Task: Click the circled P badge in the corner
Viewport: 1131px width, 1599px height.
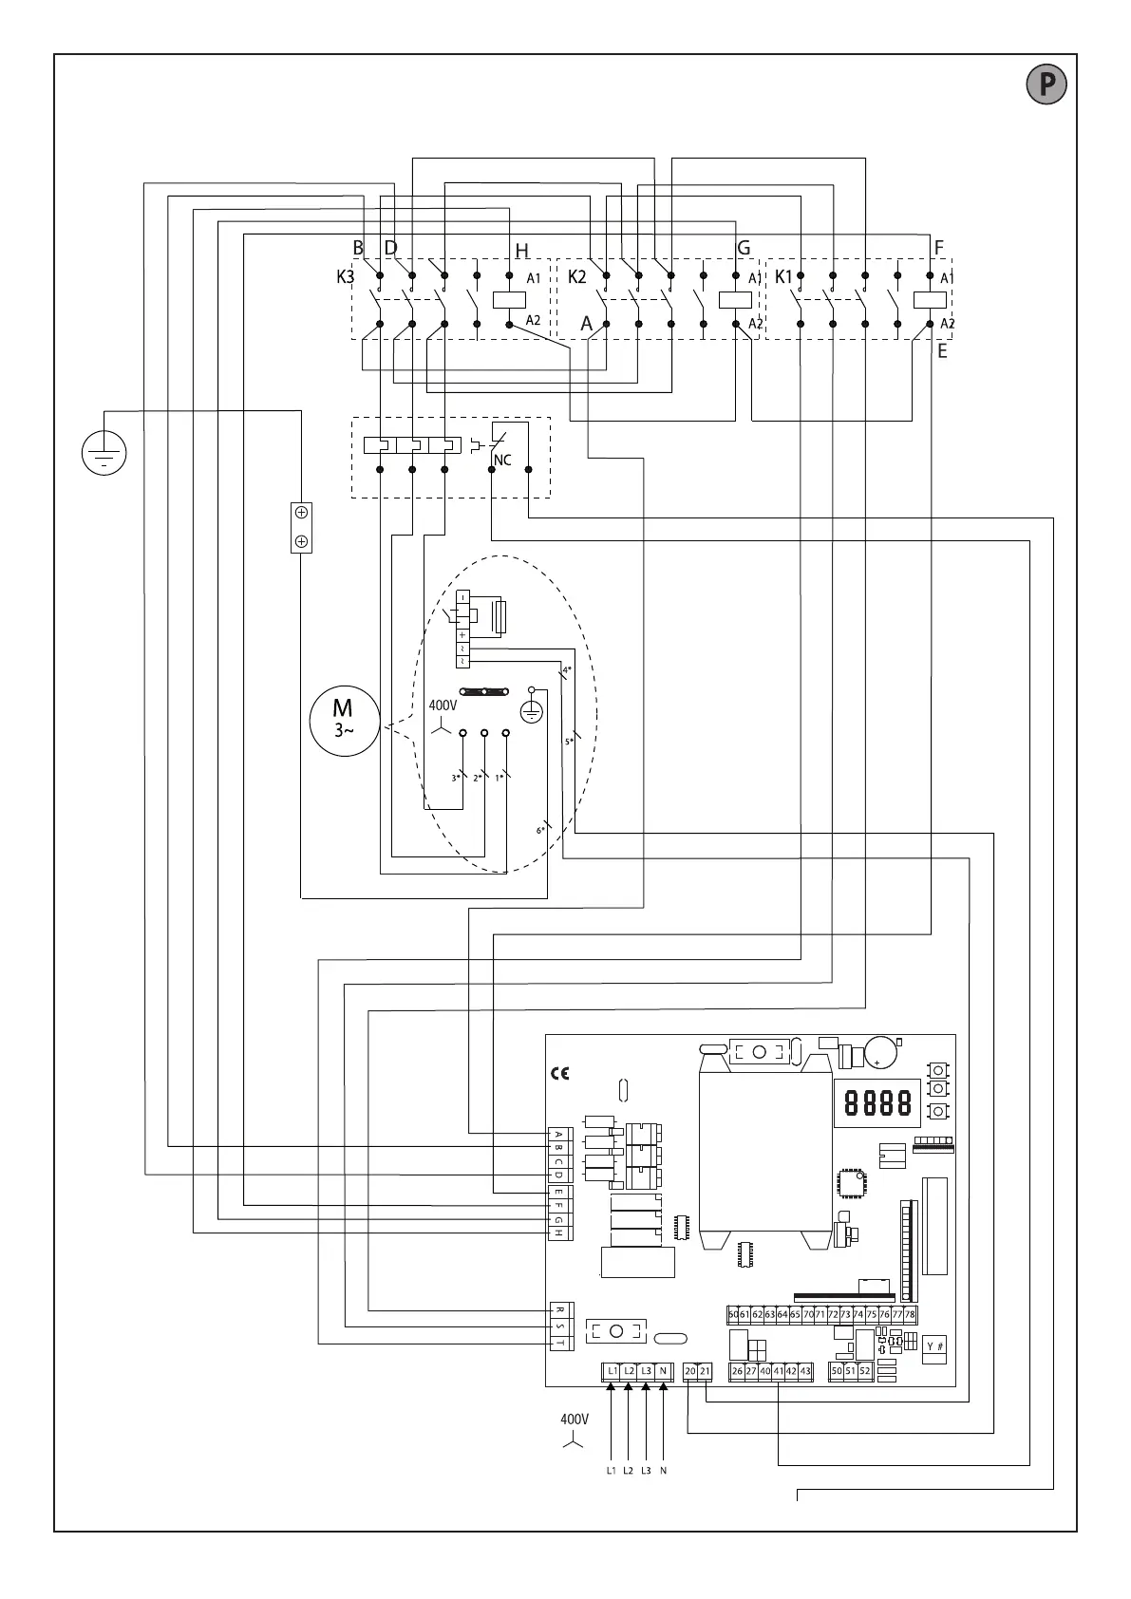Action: pyautogui.click(x=1046, y=85)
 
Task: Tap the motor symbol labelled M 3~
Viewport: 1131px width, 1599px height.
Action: pyautogui.click(x=343, y=721)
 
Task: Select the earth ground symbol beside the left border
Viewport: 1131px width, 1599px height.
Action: pyautogui.click(x=104, y=451)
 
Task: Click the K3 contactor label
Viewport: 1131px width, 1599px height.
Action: pyautogui.click(x=345, y=278)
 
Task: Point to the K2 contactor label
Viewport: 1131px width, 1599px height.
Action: pyautogui.click(x=576, y=277)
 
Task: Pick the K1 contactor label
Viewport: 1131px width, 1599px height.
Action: pyautogui.click(x=783, y=277)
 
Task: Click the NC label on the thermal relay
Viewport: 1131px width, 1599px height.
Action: pyautogui.click(x=502, y=461)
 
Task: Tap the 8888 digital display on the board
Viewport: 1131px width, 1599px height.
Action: pyautogui.click(x=877, y=1102)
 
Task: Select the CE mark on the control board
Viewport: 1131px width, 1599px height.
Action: pyautogui.click(x=560, y=1074)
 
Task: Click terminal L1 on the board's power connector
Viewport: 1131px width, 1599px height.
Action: pyautogui.click(x=612, y=1371)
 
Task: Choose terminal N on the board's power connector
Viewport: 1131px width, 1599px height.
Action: pyautogui.click(x=663, y=1371)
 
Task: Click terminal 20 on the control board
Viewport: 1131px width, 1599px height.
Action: pyautogui.click(x=690, y=1371)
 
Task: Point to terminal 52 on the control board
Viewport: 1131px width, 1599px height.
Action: pyautogui.click(x=864, y=1371)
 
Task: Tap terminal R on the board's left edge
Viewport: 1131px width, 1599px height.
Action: pyautogui.click(x=560, y=1311)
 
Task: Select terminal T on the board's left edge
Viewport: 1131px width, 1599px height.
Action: pyautogui.click(x=560, y=1343)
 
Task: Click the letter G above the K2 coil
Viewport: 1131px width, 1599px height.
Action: pyautogui.click(x=744, y=249)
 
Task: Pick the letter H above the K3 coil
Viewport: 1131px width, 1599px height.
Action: pyautogui.click(x=521, y=252)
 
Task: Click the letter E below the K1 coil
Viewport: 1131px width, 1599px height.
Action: pyautogui.click(x=942, y=351)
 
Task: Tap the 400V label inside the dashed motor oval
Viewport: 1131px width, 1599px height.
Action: pyautogui.click(x=443, y=705)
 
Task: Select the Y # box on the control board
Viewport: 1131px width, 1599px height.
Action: pyautogui.click(x=934, y=1345)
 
